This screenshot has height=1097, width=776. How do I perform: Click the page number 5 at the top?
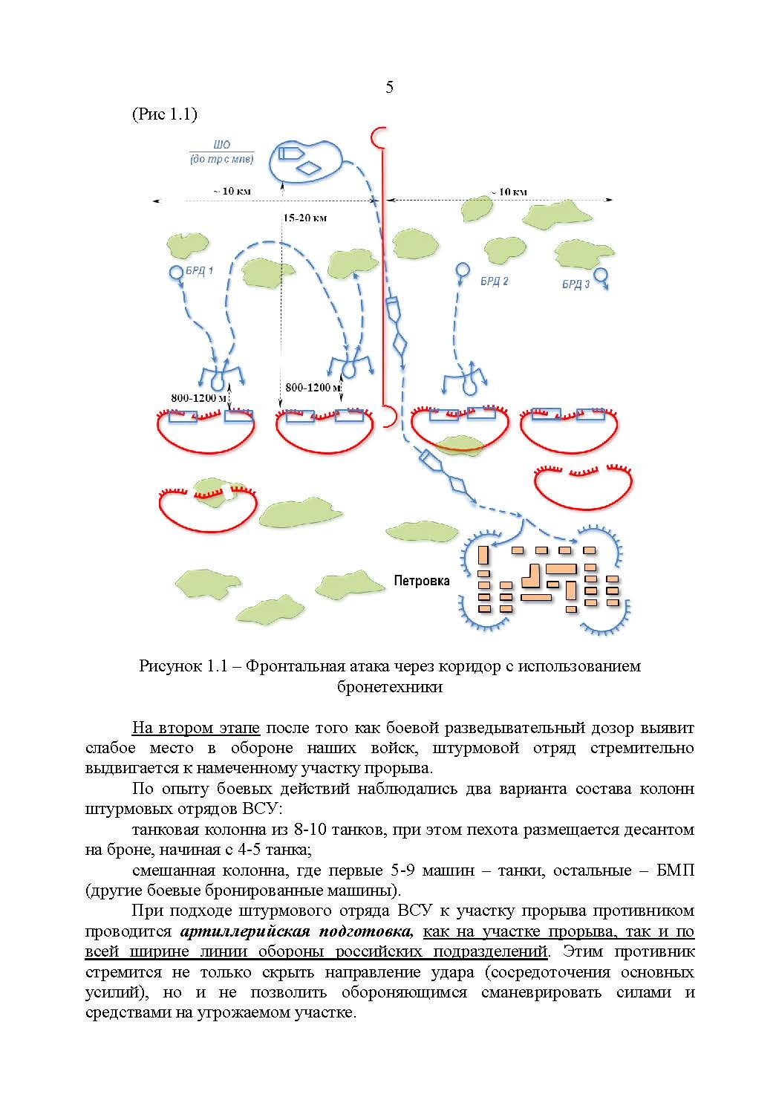point(389,88)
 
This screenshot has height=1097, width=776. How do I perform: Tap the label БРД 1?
point(199,271)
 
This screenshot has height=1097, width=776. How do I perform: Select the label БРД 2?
point(494,281)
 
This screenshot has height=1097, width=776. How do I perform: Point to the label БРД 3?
point(576,284)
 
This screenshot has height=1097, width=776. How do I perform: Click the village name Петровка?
point(421,581)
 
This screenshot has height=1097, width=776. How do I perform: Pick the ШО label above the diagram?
point(221,146)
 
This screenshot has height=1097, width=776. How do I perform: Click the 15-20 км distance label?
point(304,218)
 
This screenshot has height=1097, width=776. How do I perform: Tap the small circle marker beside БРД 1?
point(176,273)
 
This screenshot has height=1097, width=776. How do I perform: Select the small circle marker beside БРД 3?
point(602,276)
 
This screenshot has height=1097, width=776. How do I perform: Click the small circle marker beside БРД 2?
point(462,270)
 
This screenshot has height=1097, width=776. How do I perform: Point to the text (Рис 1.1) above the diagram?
point(164,114)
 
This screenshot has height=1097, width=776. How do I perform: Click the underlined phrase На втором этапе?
point(195,728)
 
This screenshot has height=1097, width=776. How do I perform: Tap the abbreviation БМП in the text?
point(675,870)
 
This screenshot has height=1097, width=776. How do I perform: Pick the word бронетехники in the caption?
point(389,687)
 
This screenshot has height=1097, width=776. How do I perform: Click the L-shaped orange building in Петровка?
point(532,573)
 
